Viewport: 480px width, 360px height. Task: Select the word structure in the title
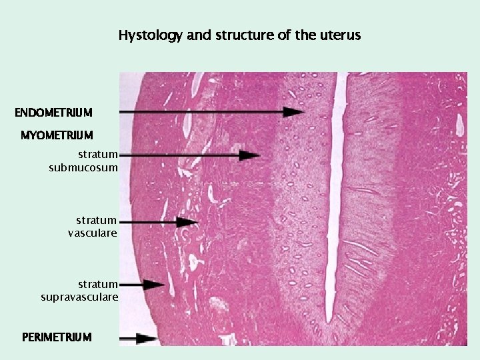[x=242, y=35]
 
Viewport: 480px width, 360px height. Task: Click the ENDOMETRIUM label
[x=53, y=111]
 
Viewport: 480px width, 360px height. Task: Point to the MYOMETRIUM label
[x=57, y=136]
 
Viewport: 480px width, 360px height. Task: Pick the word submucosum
[x=83, y=167]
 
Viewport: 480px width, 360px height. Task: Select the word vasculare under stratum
[x=93, y=233]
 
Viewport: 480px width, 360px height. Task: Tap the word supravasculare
[x=79, y=297]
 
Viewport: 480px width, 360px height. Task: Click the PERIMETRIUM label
[x=57, y=337]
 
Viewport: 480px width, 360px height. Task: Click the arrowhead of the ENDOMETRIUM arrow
[x=294, y=111]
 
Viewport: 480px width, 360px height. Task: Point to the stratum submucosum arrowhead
[x=250, y=155]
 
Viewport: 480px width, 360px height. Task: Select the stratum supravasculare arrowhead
[x=155, y=285]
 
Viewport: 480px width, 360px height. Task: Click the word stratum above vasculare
[x=96, y=220]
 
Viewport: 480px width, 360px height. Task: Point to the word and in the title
[x=198, y=35]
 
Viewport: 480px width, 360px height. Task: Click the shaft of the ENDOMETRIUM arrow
[x=200, y=111]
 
